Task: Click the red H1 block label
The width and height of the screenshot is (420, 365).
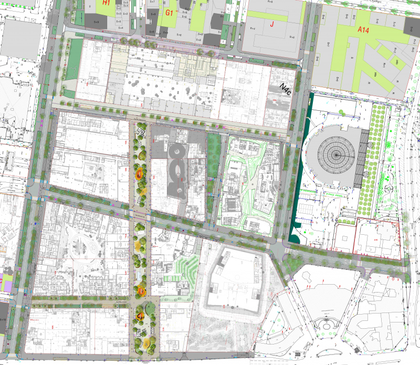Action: (x=106, y=3)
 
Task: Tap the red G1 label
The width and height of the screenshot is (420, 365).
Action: (x=169, y=12)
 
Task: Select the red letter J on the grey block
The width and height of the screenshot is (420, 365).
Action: (x=272, y=24)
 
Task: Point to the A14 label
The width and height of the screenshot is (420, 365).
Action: (x=364, y=31)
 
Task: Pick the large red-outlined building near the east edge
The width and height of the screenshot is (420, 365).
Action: (x=377, y=238)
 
